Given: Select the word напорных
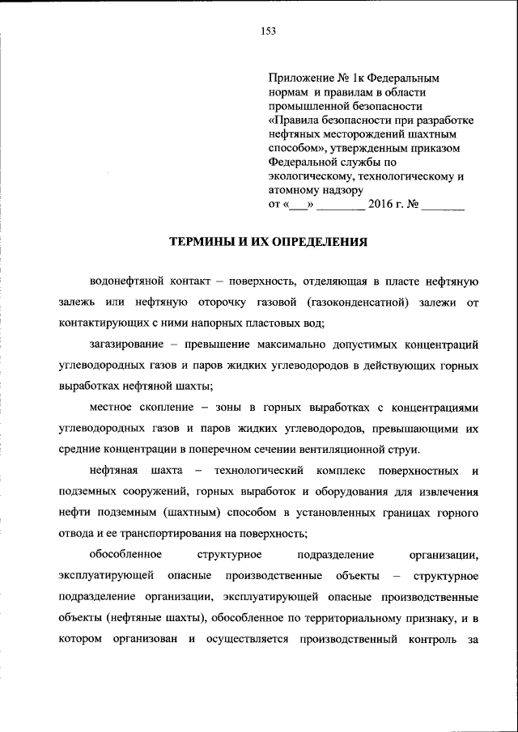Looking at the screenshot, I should point(215,324).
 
